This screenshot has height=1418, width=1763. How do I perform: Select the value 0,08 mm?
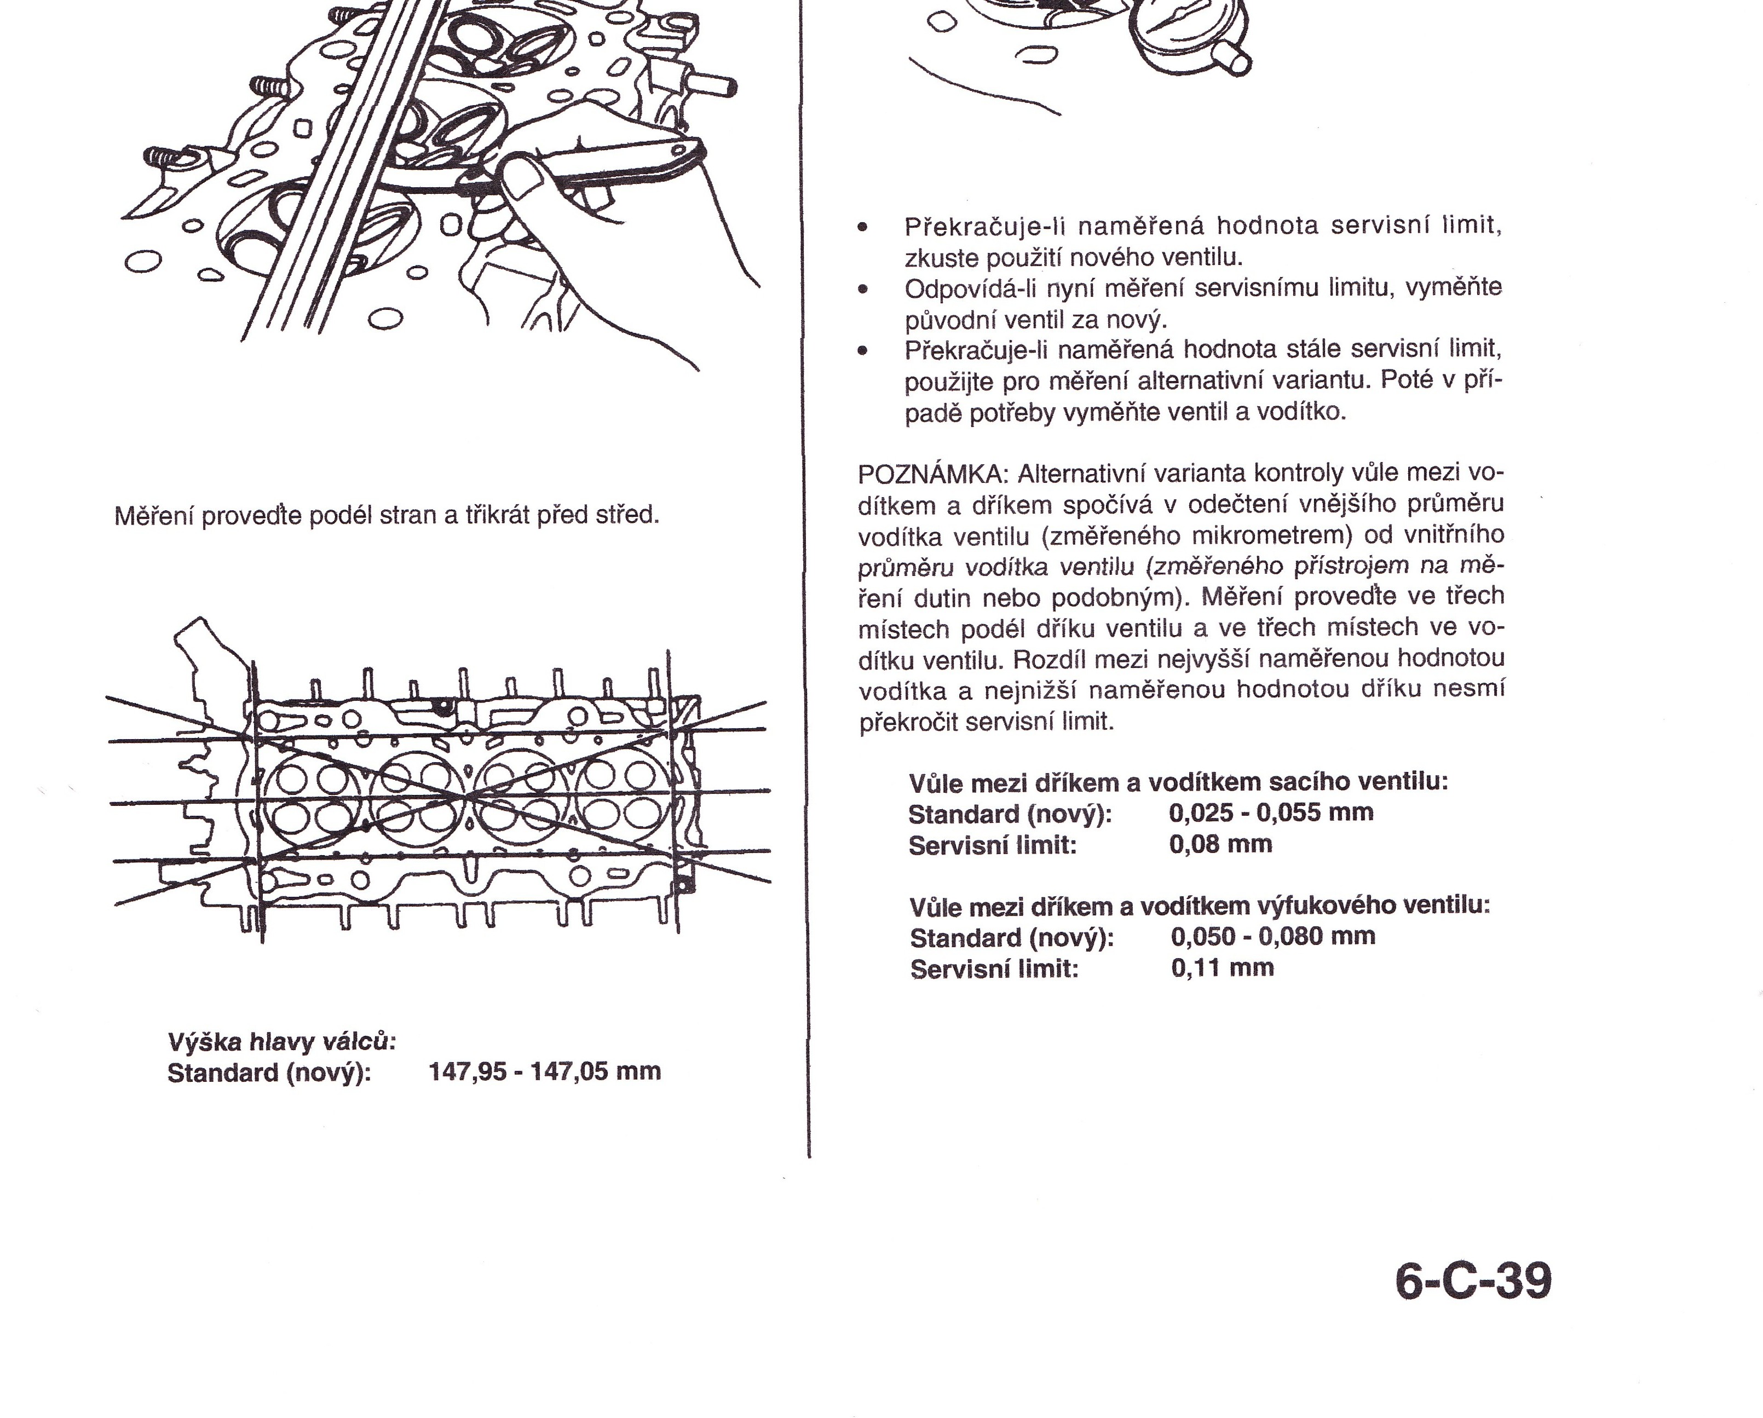1220,844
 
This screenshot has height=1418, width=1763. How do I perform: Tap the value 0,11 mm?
1222,968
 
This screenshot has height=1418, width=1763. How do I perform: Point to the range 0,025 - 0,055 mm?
1271,813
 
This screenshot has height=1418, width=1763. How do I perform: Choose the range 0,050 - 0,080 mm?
1272,936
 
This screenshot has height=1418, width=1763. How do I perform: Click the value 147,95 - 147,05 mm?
545,1071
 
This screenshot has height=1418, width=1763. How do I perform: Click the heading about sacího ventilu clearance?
1178,782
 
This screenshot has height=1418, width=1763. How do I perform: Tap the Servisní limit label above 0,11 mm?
994,970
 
